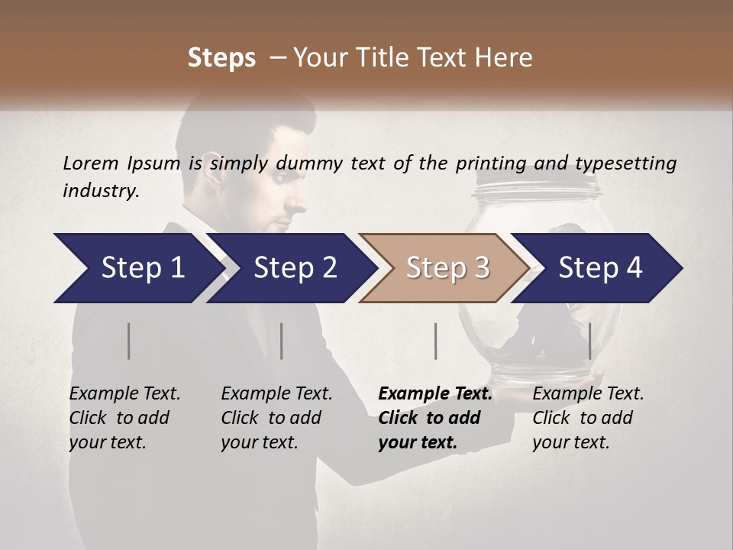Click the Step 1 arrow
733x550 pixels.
click(x=137, y=268)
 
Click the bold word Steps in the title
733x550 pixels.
click(x=221, y=58)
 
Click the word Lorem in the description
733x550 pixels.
click(x=90, y=163)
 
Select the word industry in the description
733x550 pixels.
click(x=101, y=191)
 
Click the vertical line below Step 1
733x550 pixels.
click(x=129, y=341)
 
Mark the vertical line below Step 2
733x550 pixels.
click(x=282, y=341)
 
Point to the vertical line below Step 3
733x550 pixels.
click(x=435, y=341)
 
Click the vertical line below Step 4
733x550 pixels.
click(x=589, y=341)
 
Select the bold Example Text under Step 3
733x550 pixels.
click(x=435, y=394)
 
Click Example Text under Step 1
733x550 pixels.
click(x=124, y=394)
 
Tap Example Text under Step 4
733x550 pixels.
click(x=588, y=394)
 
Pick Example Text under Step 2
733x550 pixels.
click(x=276, y=394)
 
